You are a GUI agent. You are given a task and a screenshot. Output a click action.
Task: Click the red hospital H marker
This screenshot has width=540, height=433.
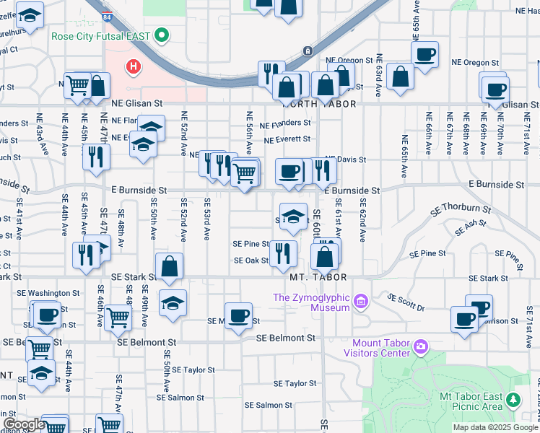133,68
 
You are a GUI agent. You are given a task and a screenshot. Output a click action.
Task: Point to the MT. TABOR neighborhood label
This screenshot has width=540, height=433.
318,277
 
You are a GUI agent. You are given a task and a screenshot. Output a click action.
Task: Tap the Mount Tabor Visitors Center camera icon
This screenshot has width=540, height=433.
421,349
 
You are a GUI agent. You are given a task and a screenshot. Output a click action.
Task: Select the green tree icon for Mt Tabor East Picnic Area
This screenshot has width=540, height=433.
513,399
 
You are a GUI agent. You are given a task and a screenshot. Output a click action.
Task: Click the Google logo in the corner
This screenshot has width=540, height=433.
23,424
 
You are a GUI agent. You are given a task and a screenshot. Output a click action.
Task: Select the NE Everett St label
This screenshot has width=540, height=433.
287,139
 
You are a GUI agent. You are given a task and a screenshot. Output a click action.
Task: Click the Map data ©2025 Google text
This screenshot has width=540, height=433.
495,427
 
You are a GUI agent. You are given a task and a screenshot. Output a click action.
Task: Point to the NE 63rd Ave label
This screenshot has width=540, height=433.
378,80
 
